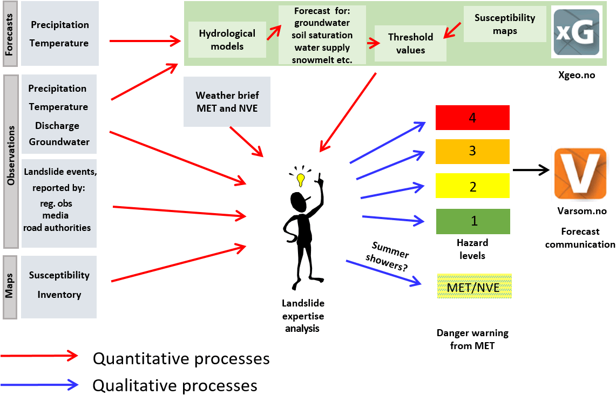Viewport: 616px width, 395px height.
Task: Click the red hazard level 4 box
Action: point(472,118)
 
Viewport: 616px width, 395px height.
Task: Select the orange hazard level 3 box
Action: point(472,151)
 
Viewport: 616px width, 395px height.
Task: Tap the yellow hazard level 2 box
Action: point(472,187)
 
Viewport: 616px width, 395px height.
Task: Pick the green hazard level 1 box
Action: point(472,221)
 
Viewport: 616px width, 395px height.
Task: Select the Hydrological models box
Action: point(227,40)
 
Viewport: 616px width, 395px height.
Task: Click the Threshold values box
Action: point(410,44)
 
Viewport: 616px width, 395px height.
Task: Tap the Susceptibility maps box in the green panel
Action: point(505,24)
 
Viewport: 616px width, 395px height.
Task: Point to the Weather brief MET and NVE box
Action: point(227,101)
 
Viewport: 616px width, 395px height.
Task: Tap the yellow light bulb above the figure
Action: point(301,179)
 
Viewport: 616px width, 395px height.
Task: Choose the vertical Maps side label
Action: point(10,287)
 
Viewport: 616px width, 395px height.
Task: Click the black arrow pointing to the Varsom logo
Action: point(531,170)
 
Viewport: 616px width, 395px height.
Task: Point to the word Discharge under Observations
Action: point(57,126)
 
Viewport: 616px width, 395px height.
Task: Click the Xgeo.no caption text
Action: point(577,75)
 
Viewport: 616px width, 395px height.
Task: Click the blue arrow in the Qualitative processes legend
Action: point(40,385)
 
